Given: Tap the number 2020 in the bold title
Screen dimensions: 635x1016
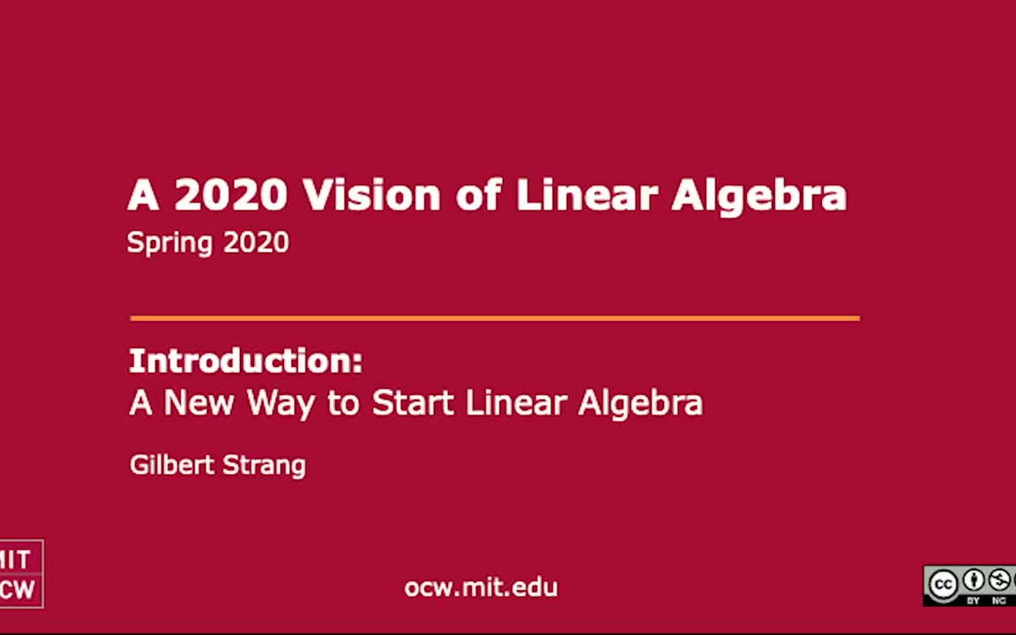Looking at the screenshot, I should coord(230,195).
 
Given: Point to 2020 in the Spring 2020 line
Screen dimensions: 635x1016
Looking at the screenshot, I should coord(256,243).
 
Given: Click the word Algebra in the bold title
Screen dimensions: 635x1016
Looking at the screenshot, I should coord(758,195).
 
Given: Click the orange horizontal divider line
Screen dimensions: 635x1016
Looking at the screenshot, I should coord(494,317).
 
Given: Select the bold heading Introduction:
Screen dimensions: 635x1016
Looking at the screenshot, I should coord(245,361).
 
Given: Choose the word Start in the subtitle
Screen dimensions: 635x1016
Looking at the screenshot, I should coord(412,403).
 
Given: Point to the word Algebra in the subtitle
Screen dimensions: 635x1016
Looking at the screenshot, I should coord(640,403).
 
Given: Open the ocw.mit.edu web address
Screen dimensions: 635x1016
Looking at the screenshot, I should coord(481,587).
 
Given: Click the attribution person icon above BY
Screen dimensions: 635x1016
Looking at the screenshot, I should coord(974,580).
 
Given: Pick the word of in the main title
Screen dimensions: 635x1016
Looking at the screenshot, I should coord(477,195).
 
